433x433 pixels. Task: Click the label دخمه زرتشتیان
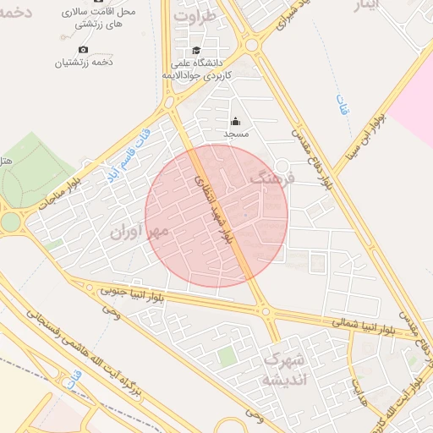84,63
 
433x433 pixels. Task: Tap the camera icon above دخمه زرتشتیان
83,49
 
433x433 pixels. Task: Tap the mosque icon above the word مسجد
235,122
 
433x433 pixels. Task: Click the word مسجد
235,134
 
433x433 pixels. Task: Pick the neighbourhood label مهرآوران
140,229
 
